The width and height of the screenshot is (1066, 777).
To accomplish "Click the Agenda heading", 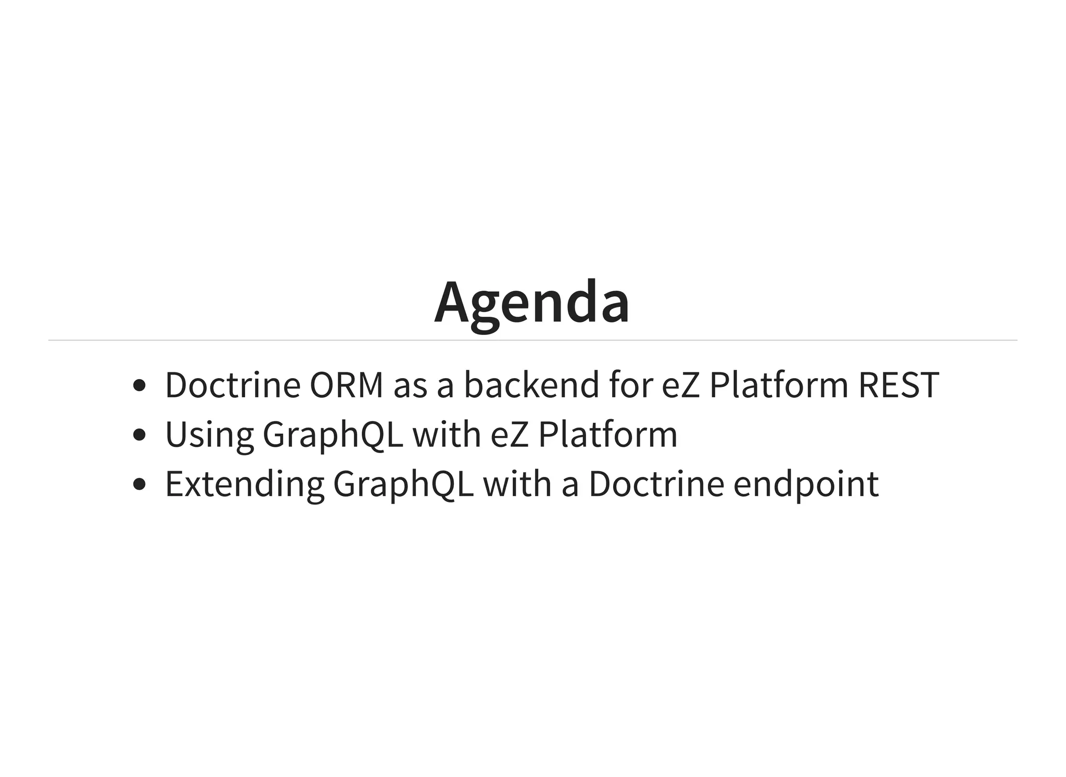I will click(532, 303).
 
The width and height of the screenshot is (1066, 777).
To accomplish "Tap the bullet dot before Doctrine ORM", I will click(139, 385).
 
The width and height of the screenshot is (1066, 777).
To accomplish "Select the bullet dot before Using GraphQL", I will click(139, 435).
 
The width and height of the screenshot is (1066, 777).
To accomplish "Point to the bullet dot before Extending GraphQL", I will click(139, 484).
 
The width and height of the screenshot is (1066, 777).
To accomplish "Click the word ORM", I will click(346, 385).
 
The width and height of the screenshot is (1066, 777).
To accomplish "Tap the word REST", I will click(898, 385).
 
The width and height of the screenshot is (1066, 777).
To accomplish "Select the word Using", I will click(209, 435).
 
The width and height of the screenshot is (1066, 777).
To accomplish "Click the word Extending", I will click(245, 484).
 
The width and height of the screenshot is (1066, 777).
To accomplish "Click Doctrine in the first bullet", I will click(233, 385).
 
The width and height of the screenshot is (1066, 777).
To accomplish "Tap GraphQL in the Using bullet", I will click(333, 435).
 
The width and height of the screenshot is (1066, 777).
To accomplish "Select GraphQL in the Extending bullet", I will click(403, 484).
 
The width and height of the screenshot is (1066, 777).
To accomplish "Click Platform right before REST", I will click(779, 385).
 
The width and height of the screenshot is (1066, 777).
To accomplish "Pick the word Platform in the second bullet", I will click(607, 435).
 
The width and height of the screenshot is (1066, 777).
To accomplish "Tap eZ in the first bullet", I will click(681, 385).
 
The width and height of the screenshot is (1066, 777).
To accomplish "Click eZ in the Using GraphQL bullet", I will click(510, 435).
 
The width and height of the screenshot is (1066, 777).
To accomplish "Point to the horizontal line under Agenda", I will click(532, 340).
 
